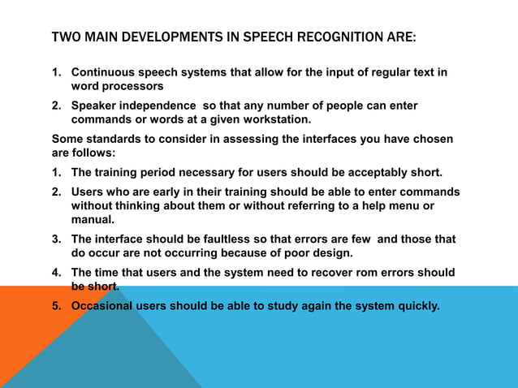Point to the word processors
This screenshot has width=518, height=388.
(133, 85)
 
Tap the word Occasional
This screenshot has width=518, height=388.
(103, 306)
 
